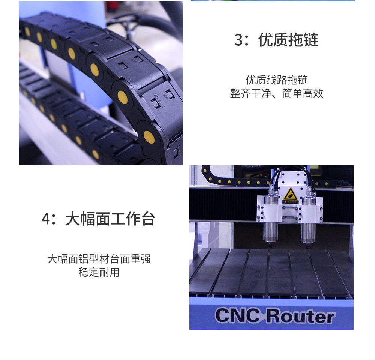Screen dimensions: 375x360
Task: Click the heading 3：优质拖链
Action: click(276, 40)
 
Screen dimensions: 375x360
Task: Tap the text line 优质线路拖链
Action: click(277, 80)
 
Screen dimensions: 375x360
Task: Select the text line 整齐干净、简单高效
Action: click(277, 93)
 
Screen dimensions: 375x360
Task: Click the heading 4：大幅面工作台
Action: click(98, 219)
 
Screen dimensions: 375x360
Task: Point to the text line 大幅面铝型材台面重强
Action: click(99, 259)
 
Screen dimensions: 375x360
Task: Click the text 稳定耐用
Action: click(99, 272)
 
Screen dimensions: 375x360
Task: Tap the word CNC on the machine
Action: click(238, 315)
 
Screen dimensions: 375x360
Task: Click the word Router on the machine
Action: click(301, 316)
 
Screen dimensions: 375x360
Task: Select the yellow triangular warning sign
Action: click(290, 194)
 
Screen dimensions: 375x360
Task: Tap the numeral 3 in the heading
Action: click(238, 40)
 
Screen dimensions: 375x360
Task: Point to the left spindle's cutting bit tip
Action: click(271, 246)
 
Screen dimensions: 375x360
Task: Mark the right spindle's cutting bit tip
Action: click(308, 247)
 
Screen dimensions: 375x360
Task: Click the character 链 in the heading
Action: click(311, 40)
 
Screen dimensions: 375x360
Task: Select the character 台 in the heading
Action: click(148, 219)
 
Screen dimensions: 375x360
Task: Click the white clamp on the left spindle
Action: click(269, 208)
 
